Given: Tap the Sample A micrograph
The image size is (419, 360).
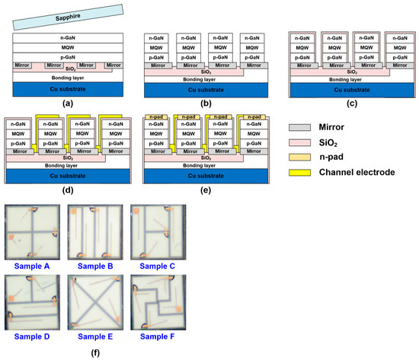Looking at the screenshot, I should [x=31, y=231].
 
